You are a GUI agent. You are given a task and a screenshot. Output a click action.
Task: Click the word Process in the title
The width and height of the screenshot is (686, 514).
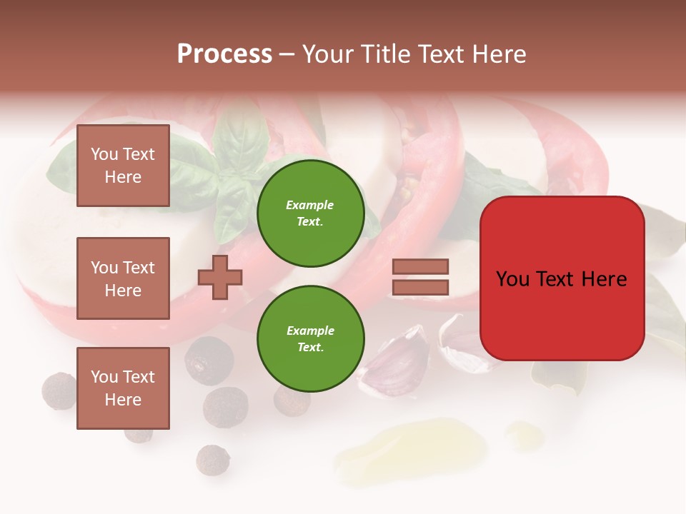224,54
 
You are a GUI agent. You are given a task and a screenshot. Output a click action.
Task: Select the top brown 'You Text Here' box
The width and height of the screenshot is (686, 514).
123,166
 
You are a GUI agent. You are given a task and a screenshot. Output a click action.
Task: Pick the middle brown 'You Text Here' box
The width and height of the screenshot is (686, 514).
123,278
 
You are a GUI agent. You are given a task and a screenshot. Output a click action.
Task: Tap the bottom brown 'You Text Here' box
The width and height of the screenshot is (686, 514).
123,388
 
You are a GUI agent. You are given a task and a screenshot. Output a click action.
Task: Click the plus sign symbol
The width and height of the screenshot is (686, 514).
220,277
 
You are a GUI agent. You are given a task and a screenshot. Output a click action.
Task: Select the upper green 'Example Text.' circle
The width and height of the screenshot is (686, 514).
310,213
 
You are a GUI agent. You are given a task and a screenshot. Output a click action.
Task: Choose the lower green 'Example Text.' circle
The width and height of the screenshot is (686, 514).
310,339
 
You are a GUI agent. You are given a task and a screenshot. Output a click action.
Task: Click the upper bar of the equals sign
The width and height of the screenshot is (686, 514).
420,266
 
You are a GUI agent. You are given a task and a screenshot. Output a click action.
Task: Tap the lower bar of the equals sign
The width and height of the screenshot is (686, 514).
420,287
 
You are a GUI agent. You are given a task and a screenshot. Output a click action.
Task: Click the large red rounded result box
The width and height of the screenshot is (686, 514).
562,278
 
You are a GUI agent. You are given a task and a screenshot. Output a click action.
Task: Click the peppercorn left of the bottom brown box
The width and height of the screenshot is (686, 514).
59,390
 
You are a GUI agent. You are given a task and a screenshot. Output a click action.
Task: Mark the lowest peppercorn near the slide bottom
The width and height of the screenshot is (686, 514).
212,460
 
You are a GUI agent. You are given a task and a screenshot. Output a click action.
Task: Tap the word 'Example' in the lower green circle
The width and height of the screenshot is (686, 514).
310,331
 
